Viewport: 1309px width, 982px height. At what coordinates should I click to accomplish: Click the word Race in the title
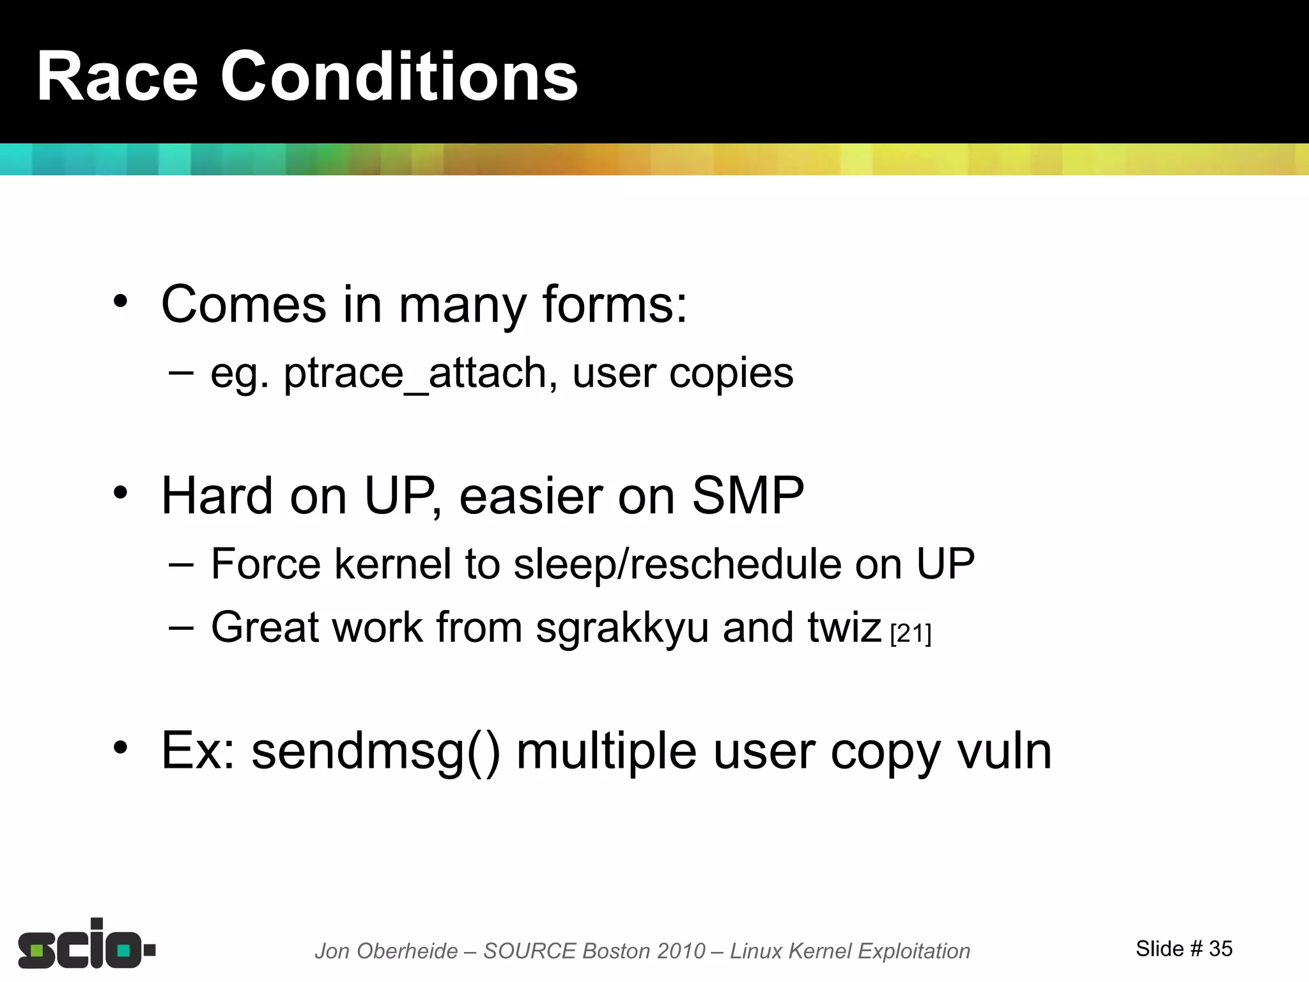(117, 77)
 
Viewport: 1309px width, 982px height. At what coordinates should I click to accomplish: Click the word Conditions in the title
(399, 77)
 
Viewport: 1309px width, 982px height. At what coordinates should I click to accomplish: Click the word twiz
(844, 627)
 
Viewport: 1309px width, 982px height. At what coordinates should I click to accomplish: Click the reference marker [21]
(911, 634)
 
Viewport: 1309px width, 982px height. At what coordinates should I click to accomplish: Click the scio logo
(86, 945)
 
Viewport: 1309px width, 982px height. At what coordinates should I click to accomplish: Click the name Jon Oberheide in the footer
(386, 951)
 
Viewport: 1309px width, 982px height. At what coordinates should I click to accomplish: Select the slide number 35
(1220, 949)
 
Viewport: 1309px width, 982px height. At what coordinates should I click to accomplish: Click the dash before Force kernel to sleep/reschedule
(182, 564)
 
